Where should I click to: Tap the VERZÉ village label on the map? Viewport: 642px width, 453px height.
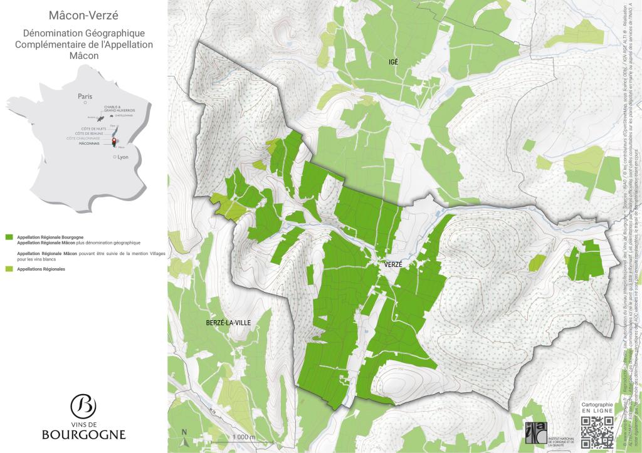(x=389, y=265)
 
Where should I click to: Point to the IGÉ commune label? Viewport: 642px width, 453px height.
(x=393, y=61)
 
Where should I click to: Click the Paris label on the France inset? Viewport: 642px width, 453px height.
(x=85, y=96)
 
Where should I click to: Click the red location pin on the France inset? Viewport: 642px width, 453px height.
(x=114, y=141)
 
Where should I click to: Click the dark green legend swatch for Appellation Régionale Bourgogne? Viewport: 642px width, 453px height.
(x=9, y=238)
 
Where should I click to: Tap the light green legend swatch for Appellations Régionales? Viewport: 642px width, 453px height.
(x=9, y=269)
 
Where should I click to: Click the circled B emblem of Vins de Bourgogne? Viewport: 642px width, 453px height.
(x=83, y=407)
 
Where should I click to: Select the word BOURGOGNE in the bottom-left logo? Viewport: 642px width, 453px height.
(x=83, y=434)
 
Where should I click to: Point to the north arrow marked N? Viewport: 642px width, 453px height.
(x=184, y=432)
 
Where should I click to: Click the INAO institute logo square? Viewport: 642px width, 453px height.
(x=534, y=432)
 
